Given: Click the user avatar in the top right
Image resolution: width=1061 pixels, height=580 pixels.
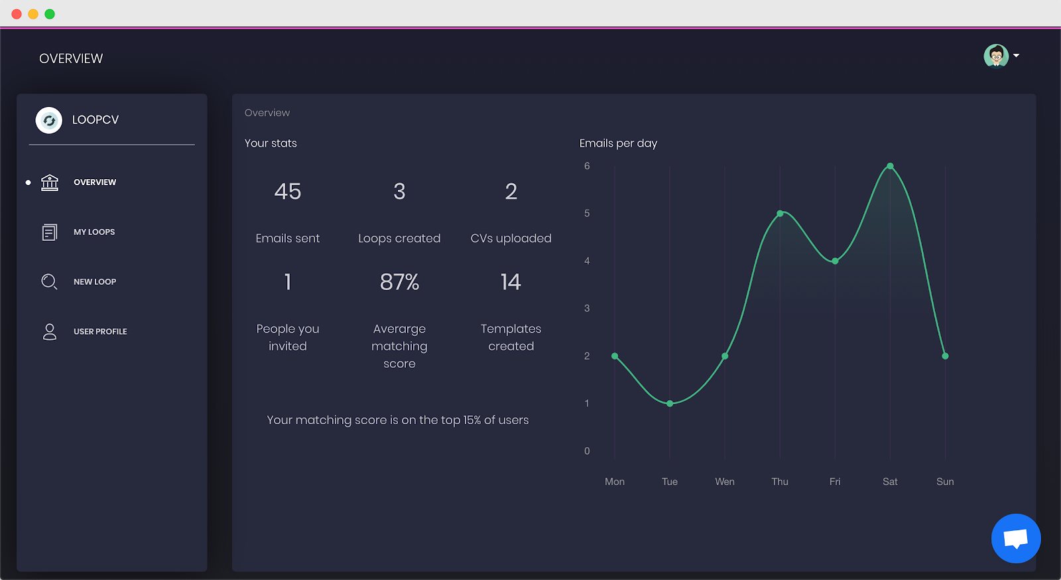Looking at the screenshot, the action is point(995,56).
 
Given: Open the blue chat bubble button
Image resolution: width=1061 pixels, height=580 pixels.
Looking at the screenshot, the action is point(1015,538).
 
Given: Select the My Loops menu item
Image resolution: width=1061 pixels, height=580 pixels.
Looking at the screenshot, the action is point(94,232).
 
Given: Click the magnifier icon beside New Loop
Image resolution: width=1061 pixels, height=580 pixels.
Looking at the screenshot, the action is point(49,281).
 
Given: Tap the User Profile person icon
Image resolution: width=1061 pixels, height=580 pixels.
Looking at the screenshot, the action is point(49,332).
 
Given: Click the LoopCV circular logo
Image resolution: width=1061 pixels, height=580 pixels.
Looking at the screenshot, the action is point(49,120).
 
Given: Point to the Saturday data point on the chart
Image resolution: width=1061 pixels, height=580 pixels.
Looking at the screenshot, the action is point(890,167).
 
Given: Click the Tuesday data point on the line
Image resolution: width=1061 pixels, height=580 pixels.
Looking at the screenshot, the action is point(670,403).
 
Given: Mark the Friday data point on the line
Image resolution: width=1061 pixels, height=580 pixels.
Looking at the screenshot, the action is point(835,261).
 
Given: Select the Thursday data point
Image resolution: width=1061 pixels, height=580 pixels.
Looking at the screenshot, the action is point(780,214).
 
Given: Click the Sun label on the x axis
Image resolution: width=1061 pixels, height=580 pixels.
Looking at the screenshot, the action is point(945,481).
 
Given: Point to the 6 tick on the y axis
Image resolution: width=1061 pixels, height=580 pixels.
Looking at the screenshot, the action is point(587,166).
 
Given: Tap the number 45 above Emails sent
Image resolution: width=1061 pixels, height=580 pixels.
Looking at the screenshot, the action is point(288,191).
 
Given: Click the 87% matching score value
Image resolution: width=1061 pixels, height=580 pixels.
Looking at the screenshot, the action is point(399,282).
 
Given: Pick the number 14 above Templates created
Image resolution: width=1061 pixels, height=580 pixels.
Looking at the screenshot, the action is point(511,282).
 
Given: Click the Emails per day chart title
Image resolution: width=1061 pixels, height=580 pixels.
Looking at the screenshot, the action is point(618,143).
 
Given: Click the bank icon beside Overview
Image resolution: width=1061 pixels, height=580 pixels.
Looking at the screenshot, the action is point(50,182).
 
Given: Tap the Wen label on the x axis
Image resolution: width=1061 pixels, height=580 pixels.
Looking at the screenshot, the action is point(725,481).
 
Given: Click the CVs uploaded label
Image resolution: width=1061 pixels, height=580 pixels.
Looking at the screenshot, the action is point(511,238).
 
